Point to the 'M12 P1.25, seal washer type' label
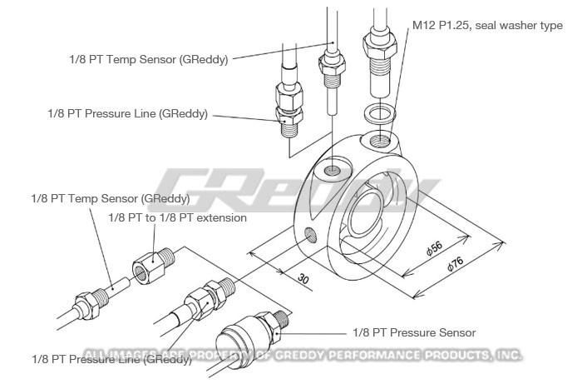[487, 27]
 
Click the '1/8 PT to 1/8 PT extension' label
[178, 217]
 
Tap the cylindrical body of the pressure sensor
[234, 341]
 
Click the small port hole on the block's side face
[311, 234]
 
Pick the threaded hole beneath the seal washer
[380, 138]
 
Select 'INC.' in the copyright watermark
[506, 355]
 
